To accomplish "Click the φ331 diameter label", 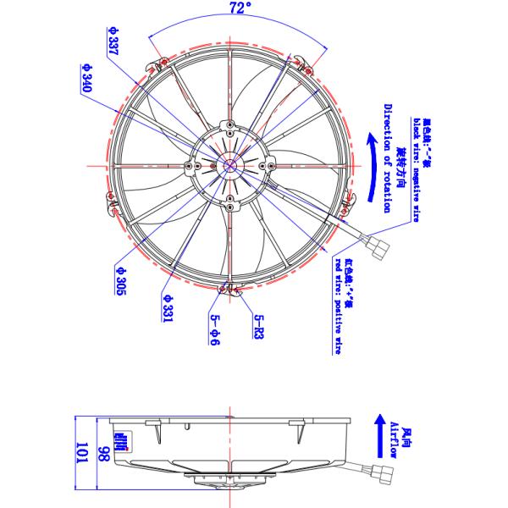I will click(168, 308).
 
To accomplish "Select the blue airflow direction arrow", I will click(378, 437).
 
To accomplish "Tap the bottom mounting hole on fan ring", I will click(230, 291).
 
